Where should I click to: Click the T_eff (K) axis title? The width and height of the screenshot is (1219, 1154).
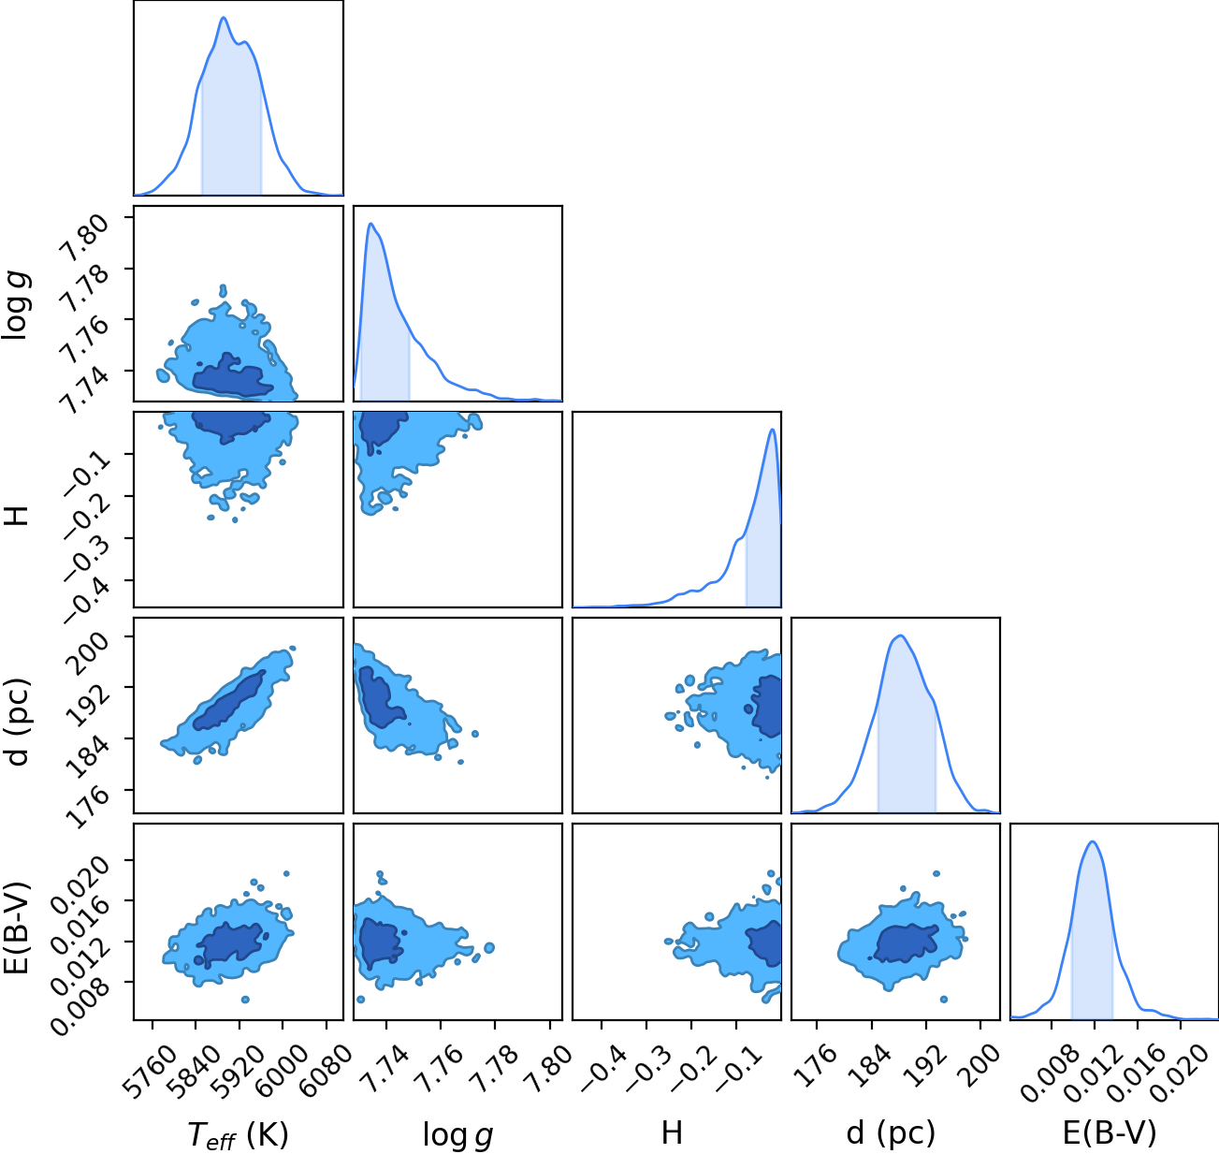(x=239, y=1134)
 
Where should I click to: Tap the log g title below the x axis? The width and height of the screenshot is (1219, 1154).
(x=457, y=1134)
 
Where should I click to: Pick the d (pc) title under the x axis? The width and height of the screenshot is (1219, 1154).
(x=891, y=1133)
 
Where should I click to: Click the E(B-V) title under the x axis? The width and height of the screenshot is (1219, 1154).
(x=1110, y=1133)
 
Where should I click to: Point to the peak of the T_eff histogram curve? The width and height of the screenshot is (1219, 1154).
(x=224, y=18)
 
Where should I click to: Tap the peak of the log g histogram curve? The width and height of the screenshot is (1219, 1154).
(x=370, y=224)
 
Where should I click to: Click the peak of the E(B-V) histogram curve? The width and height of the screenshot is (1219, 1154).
(x=1093, y=842)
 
